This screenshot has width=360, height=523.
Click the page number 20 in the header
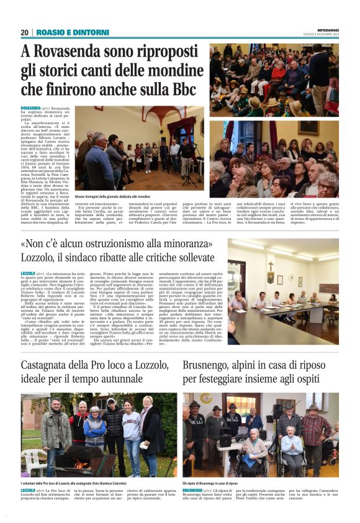click(x=24, y=32)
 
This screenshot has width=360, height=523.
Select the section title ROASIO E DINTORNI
click(x=67, y=32)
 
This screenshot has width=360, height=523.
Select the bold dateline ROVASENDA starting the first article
click(x=30, y=107)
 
